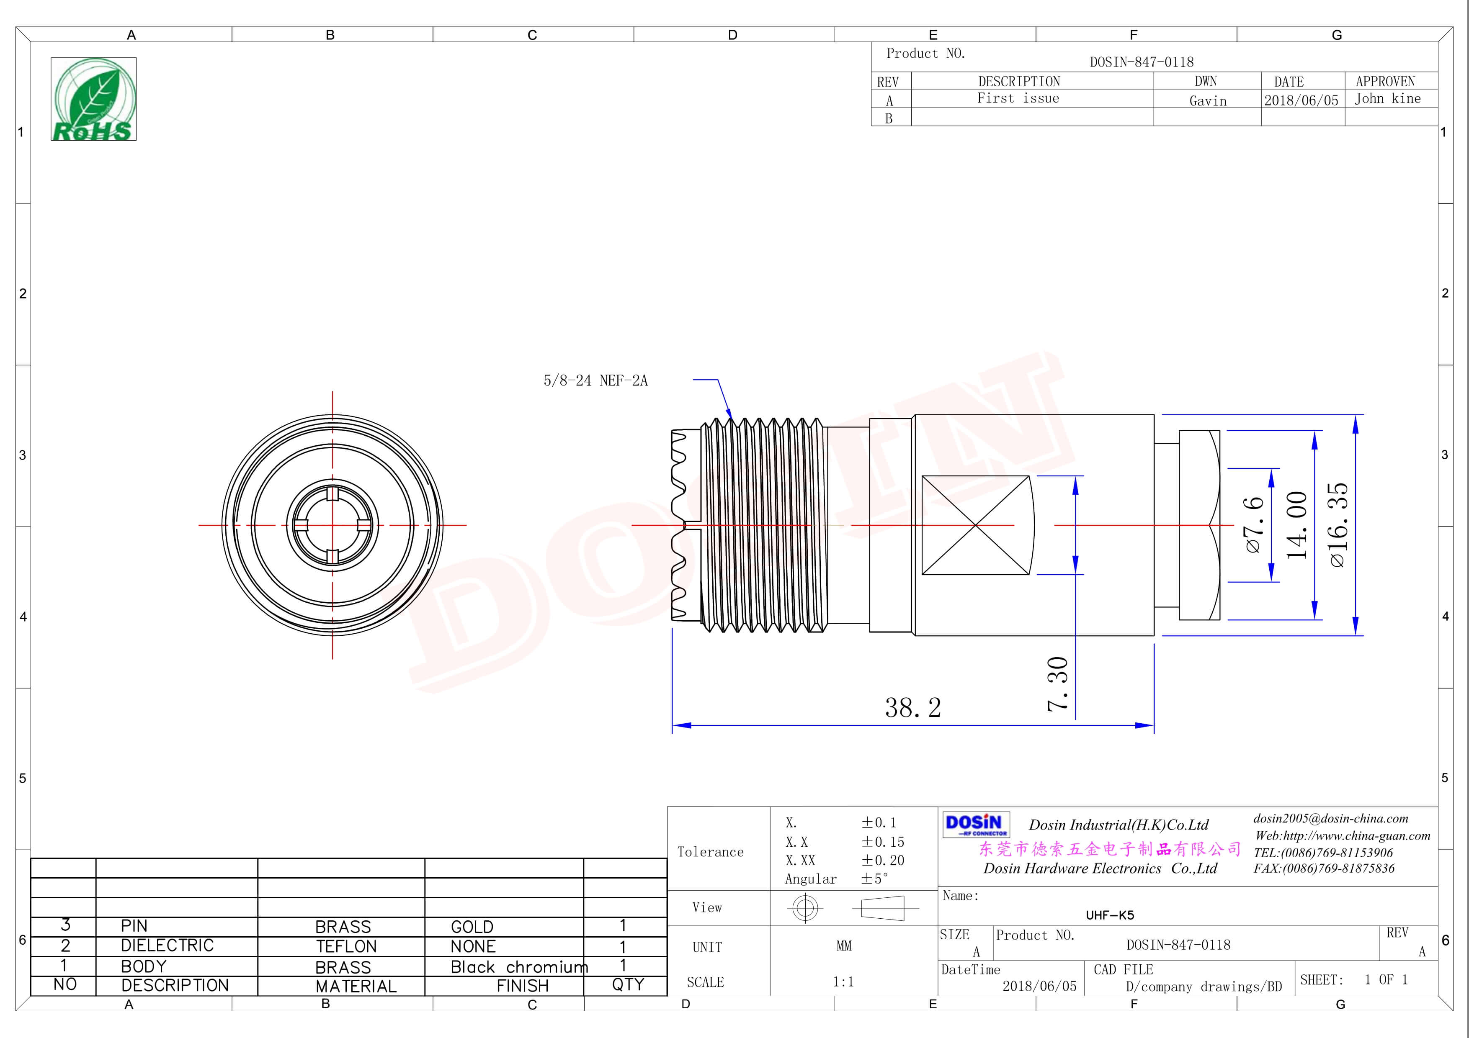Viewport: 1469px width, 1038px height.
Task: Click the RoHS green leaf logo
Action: pyautogui.click(x=93, y=99)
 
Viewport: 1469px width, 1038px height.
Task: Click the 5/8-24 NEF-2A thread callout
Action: pyautogui.click(x=595, y=380)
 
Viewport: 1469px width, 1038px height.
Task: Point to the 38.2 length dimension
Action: pyautogui.click(x=913, y=707)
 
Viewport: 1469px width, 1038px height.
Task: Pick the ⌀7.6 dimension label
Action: pyautogui.click(x=1254, y=524)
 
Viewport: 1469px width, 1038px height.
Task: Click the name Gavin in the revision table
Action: pyautogui.click(x=1208, y=101)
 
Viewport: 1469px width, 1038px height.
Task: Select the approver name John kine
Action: pyautogui.click(x=1387, y=98)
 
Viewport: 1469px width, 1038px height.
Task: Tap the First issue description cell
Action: pyautogui.click(x=1018, y=98)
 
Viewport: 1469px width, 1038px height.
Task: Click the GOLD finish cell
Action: pyautogui.click(x=472, y=927)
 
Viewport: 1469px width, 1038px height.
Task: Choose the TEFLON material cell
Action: pyautogui.click(x=346, y=946)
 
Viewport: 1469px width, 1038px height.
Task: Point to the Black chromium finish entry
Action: pyautogui.click(x=519, y=967)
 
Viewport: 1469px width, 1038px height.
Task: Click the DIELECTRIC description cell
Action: pyautogui.click(x=167, y=945)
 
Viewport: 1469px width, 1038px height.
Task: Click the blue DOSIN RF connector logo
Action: pyautogui.click(x=976, y=825)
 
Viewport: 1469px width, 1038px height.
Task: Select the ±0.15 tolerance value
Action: pyautogui.click(x=882, y=842)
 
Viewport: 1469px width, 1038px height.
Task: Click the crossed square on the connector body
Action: pyautogui.click(x=976, y=525)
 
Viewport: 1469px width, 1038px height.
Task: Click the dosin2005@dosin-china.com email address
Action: pyautogui.click(x=1331, y=819)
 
